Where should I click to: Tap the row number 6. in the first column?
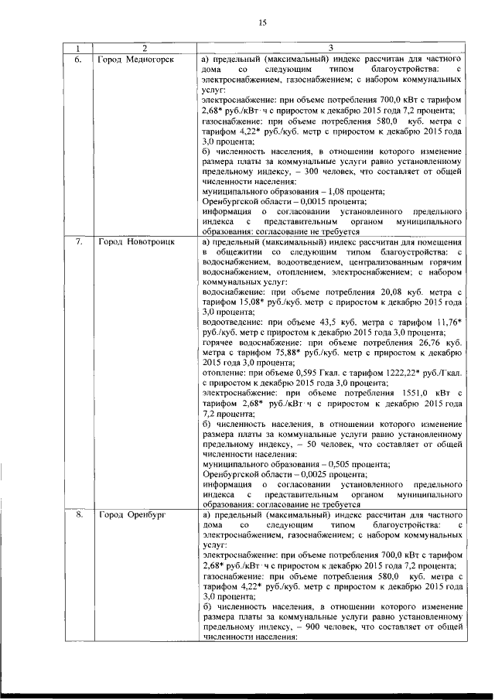(x=78, y=59)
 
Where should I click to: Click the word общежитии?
(x=240, y=252)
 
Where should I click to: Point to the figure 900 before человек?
(x=317, y=627)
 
